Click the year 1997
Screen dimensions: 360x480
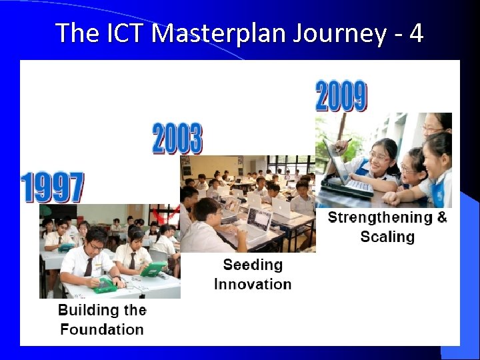52,187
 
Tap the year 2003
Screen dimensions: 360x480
177,139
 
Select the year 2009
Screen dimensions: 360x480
340,96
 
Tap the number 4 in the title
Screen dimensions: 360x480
416,32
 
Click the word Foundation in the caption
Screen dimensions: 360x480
101,329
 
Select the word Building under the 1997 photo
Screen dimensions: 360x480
81,310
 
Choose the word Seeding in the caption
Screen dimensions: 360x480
253,265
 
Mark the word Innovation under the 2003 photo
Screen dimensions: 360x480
253,284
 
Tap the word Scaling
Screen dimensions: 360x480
387,237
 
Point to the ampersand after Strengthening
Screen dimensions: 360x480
441,217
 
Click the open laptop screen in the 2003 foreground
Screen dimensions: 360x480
258,220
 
